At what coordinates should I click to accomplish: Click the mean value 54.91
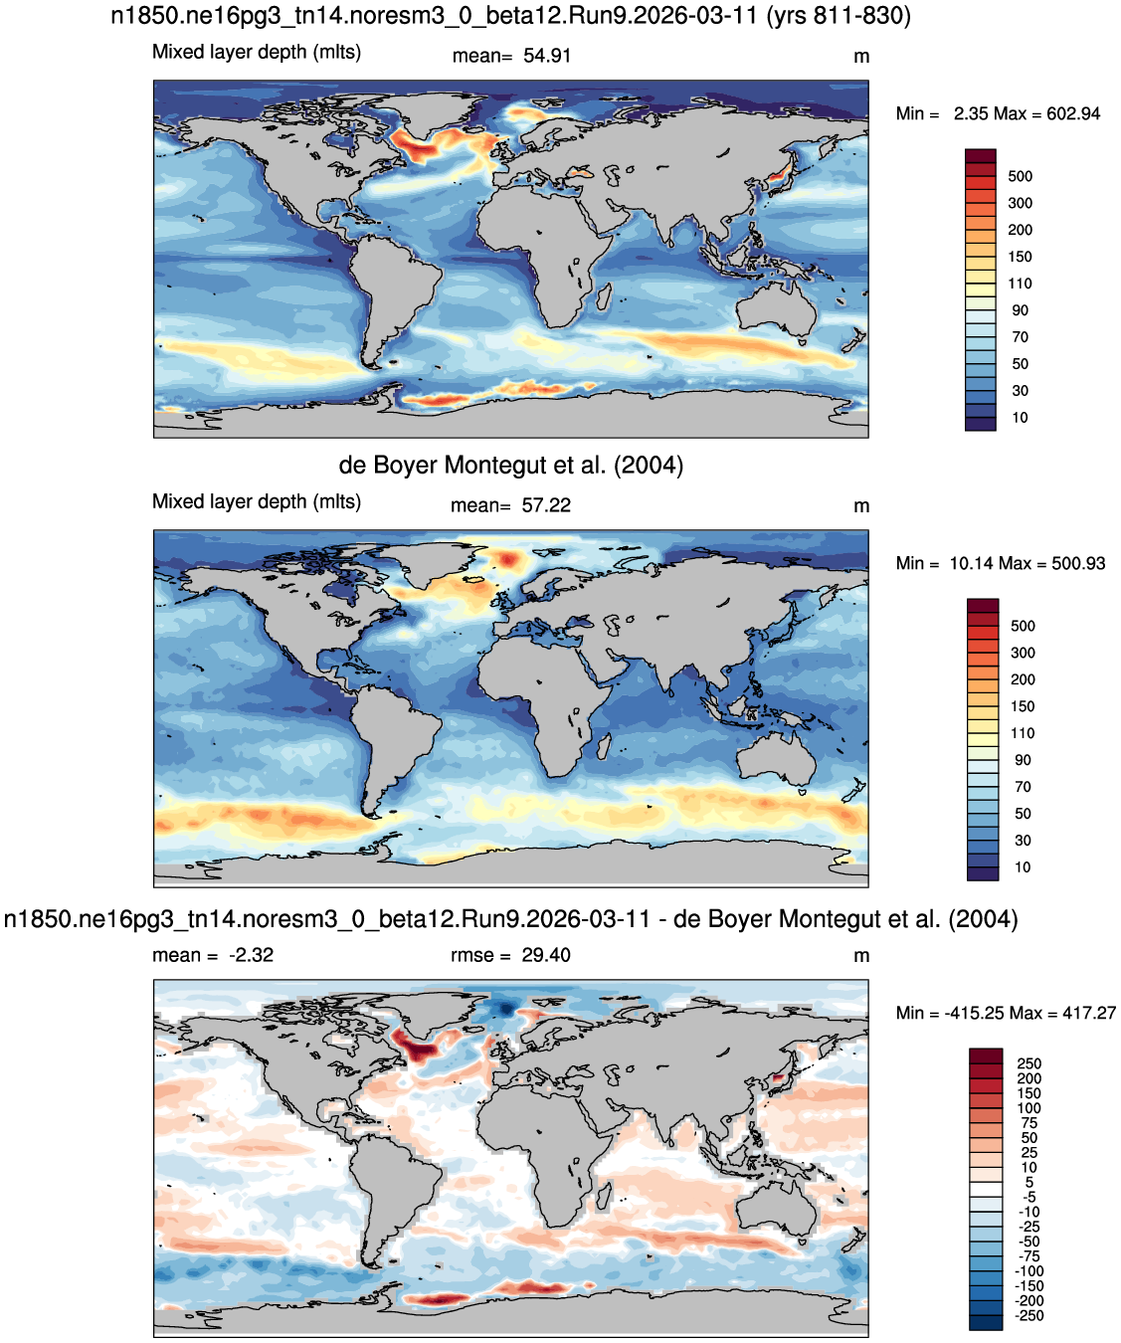[547, 56]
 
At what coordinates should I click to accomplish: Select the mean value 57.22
[546, 505]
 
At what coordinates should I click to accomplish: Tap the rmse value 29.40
[545, 955]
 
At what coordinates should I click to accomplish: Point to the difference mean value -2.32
[251, 955]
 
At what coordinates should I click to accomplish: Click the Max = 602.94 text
[1047, 113]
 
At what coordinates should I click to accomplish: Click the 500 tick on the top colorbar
[1020, 176]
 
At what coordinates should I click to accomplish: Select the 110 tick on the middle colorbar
[1022, 733]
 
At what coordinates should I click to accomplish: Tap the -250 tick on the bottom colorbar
[1029, 1316]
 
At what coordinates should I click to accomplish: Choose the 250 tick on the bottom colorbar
[1029, 1063]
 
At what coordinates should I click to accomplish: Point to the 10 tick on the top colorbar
[1020, 418]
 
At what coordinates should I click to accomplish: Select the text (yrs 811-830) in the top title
[839, 16]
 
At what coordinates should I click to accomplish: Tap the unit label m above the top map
[861, 57]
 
